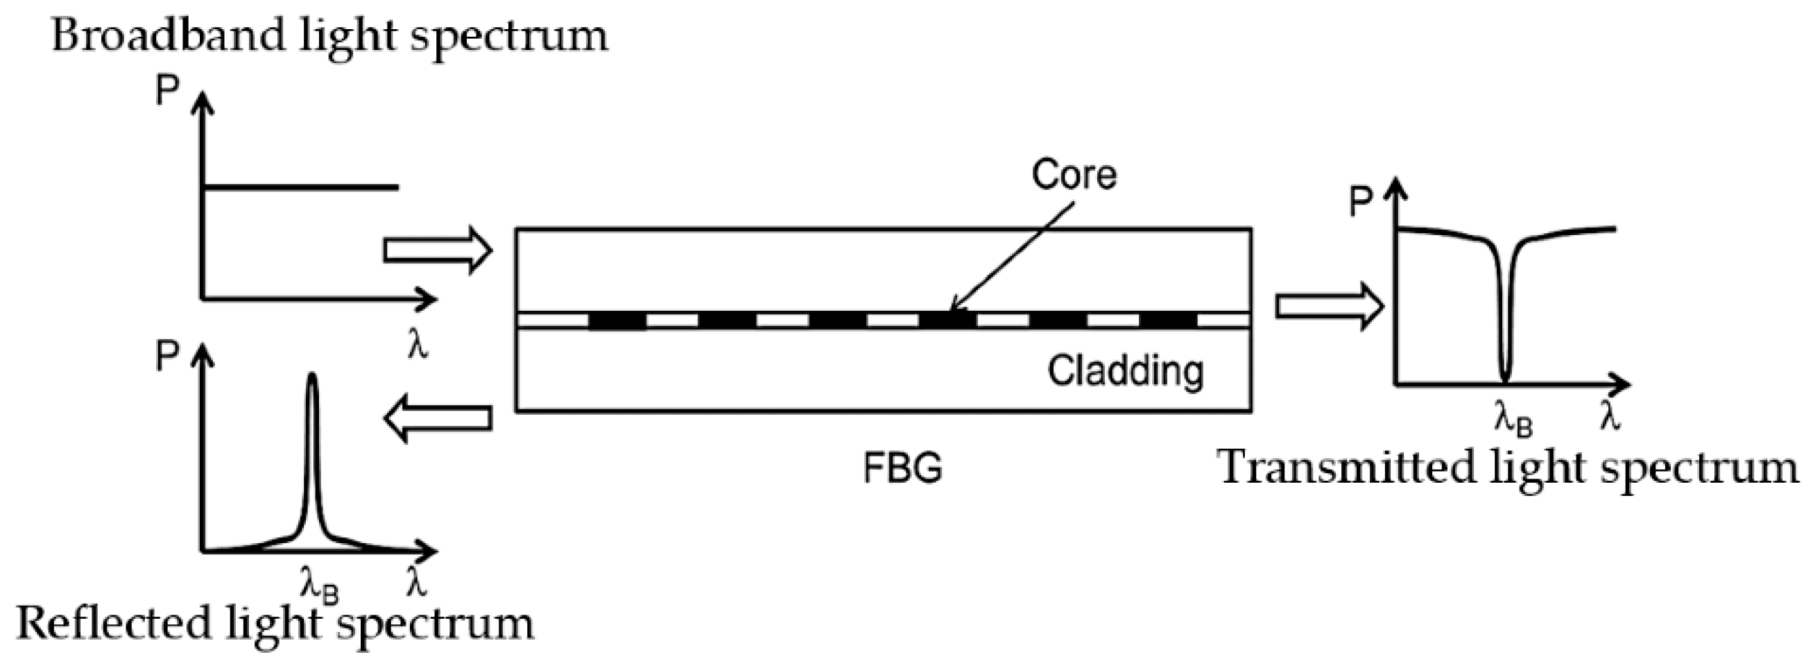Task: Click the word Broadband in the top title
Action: point(168,36)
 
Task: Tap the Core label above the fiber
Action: point(1073,175)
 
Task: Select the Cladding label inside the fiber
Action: point(1126,370)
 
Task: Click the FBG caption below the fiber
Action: point(902,468)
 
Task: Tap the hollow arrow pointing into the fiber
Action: point(437,250)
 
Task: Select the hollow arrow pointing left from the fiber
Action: point(437,419)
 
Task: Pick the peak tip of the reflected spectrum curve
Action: point(313,377)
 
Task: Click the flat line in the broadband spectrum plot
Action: point(300,187)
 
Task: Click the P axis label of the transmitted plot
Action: point(1361,203)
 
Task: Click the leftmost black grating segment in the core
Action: point(617,321)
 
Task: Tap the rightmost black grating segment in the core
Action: point(1167,321)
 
